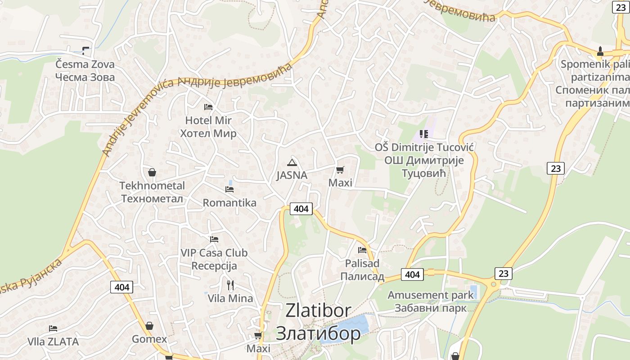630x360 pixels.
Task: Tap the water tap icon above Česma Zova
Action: click(85, 50)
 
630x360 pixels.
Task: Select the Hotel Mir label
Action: click(208, 121)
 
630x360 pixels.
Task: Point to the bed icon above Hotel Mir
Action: click(208, 107)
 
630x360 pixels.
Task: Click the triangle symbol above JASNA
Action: click(292, 162)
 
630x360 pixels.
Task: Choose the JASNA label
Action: click(292, 175)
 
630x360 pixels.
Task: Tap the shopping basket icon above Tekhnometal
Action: click(152, 172)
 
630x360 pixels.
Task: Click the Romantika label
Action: click(229, 203)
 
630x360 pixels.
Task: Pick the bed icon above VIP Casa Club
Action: click(214, 239)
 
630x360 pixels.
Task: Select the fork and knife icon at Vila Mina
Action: click(230, 285)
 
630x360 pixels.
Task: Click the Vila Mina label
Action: click(230, 298)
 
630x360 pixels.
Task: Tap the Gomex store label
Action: click(149, 339)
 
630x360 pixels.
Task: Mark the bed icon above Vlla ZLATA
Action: click(53, 328)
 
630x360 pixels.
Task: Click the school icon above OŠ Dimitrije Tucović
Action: click(423, 134)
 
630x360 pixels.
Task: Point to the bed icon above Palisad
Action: click(362, 250)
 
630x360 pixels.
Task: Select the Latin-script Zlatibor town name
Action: click(318, 310)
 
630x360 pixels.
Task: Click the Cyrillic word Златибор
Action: click(318, 333)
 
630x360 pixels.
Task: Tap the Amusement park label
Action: click(431, 295)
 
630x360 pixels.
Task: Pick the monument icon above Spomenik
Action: click(600, 51)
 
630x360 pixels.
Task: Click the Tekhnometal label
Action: click(152, 186)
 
